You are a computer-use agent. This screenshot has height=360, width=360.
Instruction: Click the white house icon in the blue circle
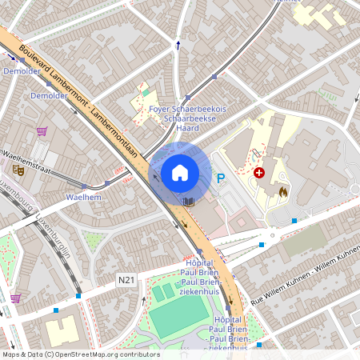[x=180, y=172]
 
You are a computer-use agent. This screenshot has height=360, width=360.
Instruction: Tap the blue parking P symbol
[x=222, y=179]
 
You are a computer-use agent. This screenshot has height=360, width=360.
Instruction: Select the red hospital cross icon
[x=259, y=172]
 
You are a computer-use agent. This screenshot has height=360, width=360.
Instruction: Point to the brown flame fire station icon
[x=284, y=192]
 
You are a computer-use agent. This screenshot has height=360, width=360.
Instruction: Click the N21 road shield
[x=126, y=280]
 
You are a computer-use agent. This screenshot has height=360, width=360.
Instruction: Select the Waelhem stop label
[x=83, y=196]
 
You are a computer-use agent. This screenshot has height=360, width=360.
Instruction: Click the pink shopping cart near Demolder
[x=42, y=131]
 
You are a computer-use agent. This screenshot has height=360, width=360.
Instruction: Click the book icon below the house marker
[x=189, y=202]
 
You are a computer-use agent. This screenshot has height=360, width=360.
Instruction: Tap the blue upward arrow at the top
[x=178, y=46]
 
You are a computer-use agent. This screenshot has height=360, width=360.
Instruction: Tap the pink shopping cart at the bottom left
[x=15, y=298]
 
